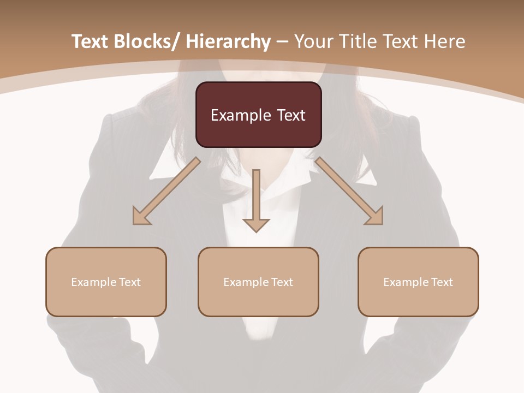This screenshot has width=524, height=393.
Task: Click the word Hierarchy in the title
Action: [228, 41]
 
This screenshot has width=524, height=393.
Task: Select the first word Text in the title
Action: [90, 41]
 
